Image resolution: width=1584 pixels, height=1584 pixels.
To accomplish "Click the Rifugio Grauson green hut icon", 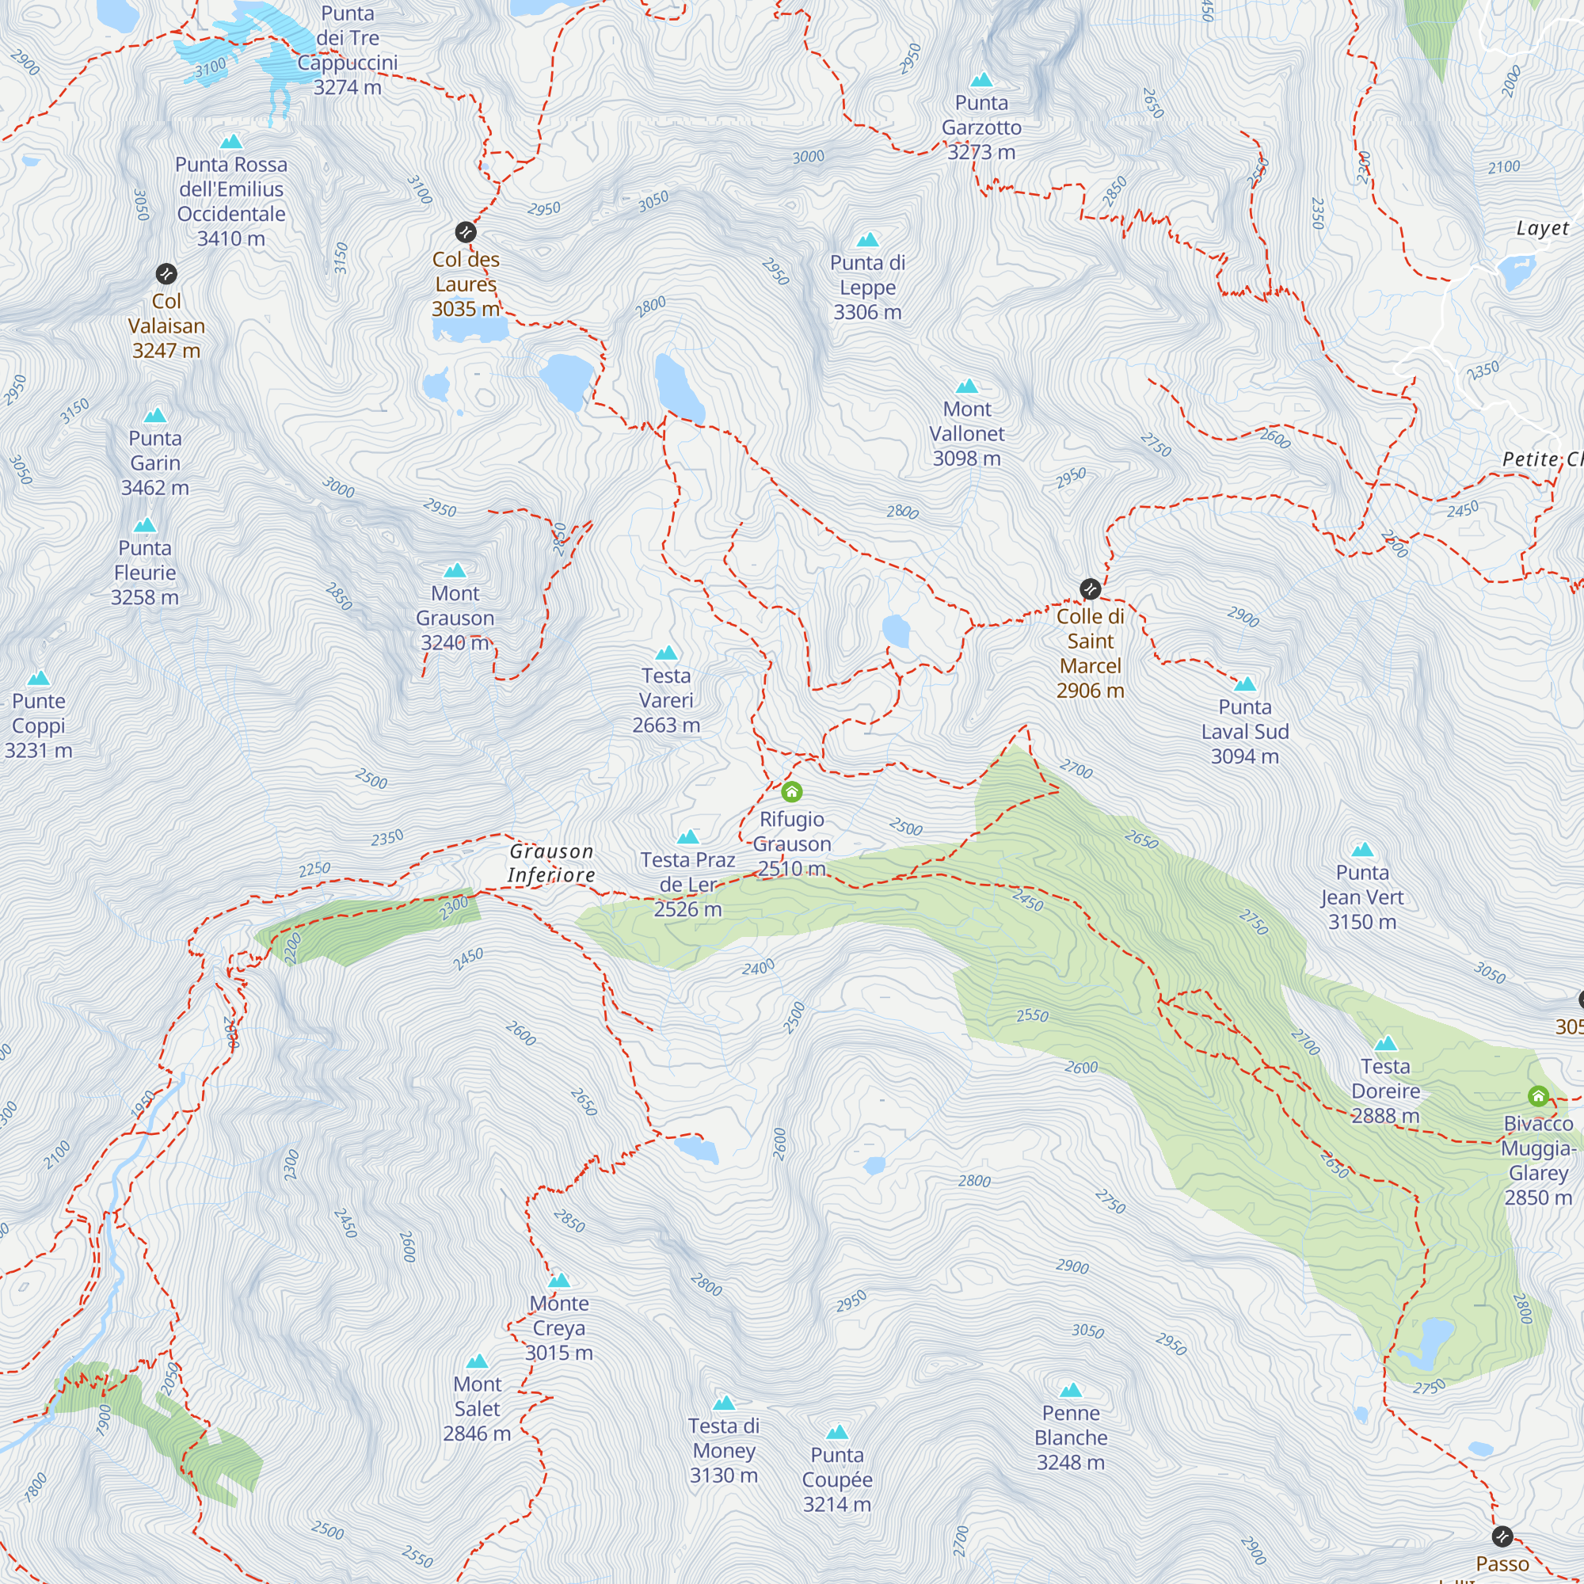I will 791,791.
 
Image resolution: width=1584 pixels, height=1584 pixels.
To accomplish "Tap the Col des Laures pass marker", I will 466,232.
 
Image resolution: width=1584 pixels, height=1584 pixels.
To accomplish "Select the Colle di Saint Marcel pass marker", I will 1090,588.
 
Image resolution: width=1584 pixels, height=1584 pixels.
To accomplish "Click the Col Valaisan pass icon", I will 166,273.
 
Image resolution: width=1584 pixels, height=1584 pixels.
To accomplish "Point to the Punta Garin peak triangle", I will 155,416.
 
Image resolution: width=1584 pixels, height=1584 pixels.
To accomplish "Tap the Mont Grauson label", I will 455,618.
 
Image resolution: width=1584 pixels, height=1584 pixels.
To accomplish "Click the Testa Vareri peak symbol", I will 667,653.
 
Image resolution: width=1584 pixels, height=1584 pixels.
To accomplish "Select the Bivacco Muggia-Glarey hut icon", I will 1538,1096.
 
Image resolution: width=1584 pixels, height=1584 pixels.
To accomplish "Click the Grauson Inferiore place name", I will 551,862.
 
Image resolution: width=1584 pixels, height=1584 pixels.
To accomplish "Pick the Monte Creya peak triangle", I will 559,1281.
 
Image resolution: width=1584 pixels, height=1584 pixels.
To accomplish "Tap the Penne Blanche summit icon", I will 1071,1391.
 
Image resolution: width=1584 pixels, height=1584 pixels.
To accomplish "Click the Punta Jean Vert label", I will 1361,897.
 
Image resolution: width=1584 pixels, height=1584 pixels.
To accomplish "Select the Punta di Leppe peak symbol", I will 867,240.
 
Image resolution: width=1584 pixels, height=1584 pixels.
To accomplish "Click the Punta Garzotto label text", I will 981,127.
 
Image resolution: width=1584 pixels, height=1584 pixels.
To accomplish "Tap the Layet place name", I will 1542,228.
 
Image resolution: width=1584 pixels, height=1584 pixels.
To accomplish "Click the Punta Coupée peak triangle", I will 837,1432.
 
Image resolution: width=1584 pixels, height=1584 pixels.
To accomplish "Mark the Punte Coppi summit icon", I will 39,679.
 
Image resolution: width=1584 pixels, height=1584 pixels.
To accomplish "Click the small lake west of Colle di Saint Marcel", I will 896,631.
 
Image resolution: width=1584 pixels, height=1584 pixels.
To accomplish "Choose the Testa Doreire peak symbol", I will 1385,1044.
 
